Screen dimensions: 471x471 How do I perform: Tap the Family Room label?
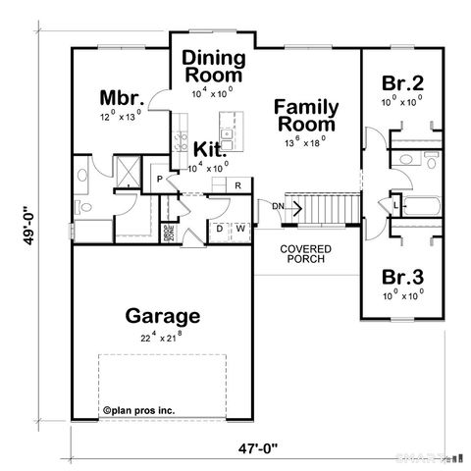click(306, 115)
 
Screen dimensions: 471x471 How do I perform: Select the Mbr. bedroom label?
click(123, 97)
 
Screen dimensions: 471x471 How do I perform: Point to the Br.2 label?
click(402, 82)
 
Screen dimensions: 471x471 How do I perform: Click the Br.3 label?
click(402, 274)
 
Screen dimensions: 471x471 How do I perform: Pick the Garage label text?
click(163, 316)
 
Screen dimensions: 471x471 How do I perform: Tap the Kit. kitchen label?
click(210, 149)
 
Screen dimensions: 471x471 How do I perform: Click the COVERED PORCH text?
click(305, 254)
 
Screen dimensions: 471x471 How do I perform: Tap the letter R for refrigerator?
click(237, 185)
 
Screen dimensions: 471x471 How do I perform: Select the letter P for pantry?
click(158, 181)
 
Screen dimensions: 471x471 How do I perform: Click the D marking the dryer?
click(219, 230)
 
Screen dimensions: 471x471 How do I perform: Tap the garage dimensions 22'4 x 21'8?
click(163, 337)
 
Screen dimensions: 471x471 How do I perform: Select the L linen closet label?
click(395, 207)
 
